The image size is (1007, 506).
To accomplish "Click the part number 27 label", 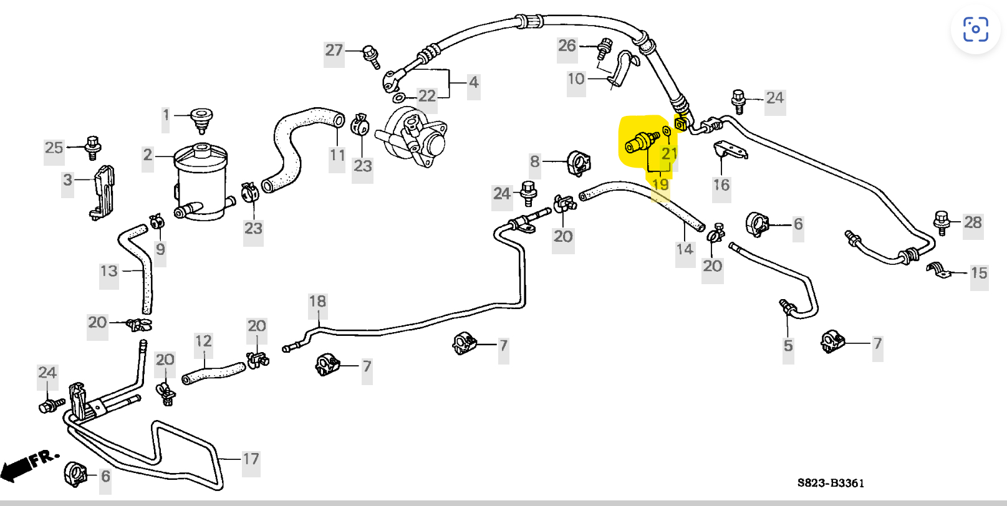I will point(334,50).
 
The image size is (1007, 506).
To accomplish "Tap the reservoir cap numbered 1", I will point(201,118).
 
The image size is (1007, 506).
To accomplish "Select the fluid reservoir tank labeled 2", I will point(200,181).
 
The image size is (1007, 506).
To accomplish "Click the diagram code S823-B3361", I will point(831,483).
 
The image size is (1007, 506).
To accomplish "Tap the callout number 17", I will point(251,459).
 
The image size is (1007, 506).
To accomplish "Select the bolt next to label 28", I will point(941,221).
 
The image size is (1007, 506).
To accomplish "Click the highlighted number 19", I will point(660,184).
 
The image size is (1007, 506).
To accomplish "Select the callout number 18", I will point(317,302).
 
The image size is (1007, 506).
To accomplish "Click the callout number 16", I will point(721,185).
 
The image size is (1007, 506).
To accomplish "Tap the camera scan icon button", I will point(975,29).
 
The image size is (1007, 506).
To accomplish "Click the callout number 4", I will point(474,82).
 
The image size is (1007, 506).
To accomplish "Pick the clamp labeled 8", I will point(579,163).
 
